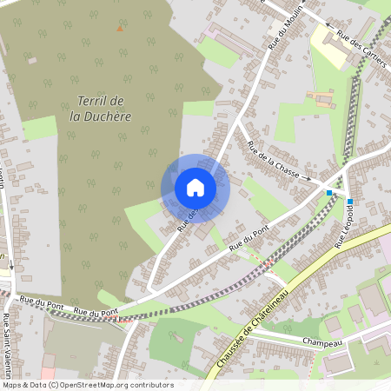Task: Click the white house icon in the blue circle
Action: (195, 188)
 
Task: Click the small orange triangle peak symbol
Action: (120, 29)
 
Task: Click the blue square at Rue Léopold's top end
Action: (350, 202)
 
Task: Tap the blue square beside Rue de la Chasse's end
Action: (329, 192)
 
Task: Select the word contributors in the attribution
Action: (149, 384)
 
